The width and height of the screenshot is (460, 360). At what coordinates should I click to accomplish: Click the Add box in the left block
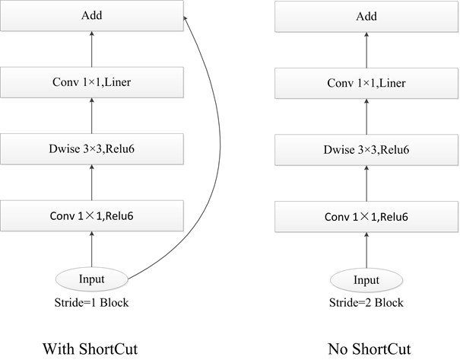92,16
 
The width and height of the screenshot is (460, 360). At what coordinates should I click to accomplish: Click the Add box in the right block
366,16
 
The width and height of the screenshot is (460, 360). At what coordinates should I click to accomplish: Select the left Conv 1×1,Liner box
92,82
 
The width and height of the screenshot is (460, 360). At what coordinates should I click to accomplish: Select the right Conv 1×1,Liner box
366,82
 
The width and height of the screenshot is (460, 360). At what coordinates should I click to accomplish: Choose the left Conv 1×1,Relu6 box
92,215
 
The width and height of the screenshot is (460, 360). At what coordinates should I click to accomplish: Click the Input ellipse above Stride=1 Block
92,279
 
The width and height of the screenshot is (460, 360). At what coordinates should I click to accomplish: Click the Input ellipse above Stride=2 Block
366,279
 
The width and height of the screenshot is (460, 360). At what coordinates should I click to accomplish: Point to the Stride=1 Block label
92,302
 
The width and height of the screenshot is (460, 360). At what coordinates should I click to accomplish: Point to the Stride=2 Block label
366,302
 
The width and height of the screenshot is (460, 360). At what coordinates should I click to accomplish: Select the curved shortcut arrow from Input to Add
218,152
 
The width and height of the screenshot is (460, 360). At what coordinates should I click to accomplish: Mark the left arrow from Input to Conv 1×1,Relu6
92,249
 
